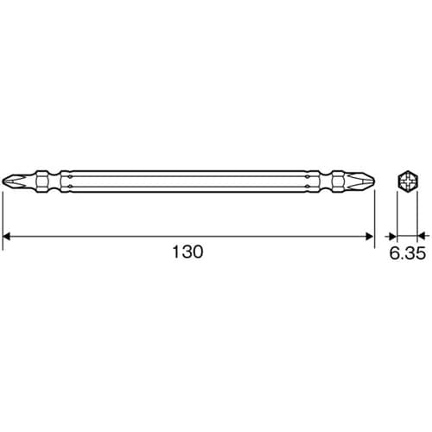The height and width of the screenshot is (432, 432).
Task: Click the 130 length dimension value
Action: (x=187, y=253)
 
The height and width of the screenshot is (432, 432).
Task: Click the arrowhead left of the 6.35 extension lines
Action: (x=391, y=234)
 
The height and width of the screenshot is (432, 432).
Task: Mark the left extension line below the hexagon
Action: (x=396, y=216)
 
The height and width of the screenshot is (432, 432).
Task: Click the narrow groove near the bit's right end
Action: (x=321, y=181)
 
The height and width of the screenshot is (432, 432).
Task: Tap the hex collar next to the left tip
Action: (x=40, y=181)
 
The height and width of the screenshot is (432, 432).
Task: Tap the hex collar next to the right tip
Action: (x=338, y=181)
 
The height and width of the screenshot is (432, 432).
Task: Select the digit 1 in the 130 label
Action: (x=175, y=253)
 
